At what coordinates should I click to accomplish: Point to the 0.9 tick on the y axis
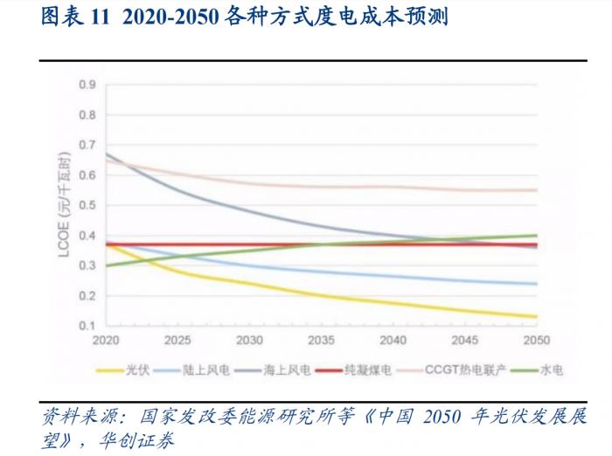(87, 85)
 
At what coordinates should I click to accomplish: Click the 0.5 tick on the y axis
(87, 205)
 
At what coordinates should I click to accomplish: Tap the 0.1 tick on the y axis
(87, 326)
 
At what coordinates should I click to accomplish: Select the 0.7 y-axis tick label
(87, 145)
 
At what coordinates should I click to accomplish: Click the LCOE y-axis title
(65, 205)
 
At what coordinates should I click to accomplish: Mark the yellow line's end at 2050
(537, 316)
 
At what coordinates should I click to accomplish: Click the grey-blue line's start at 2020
(106, 154)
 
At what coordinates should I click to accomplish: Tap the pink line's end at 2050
(537, 190)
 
